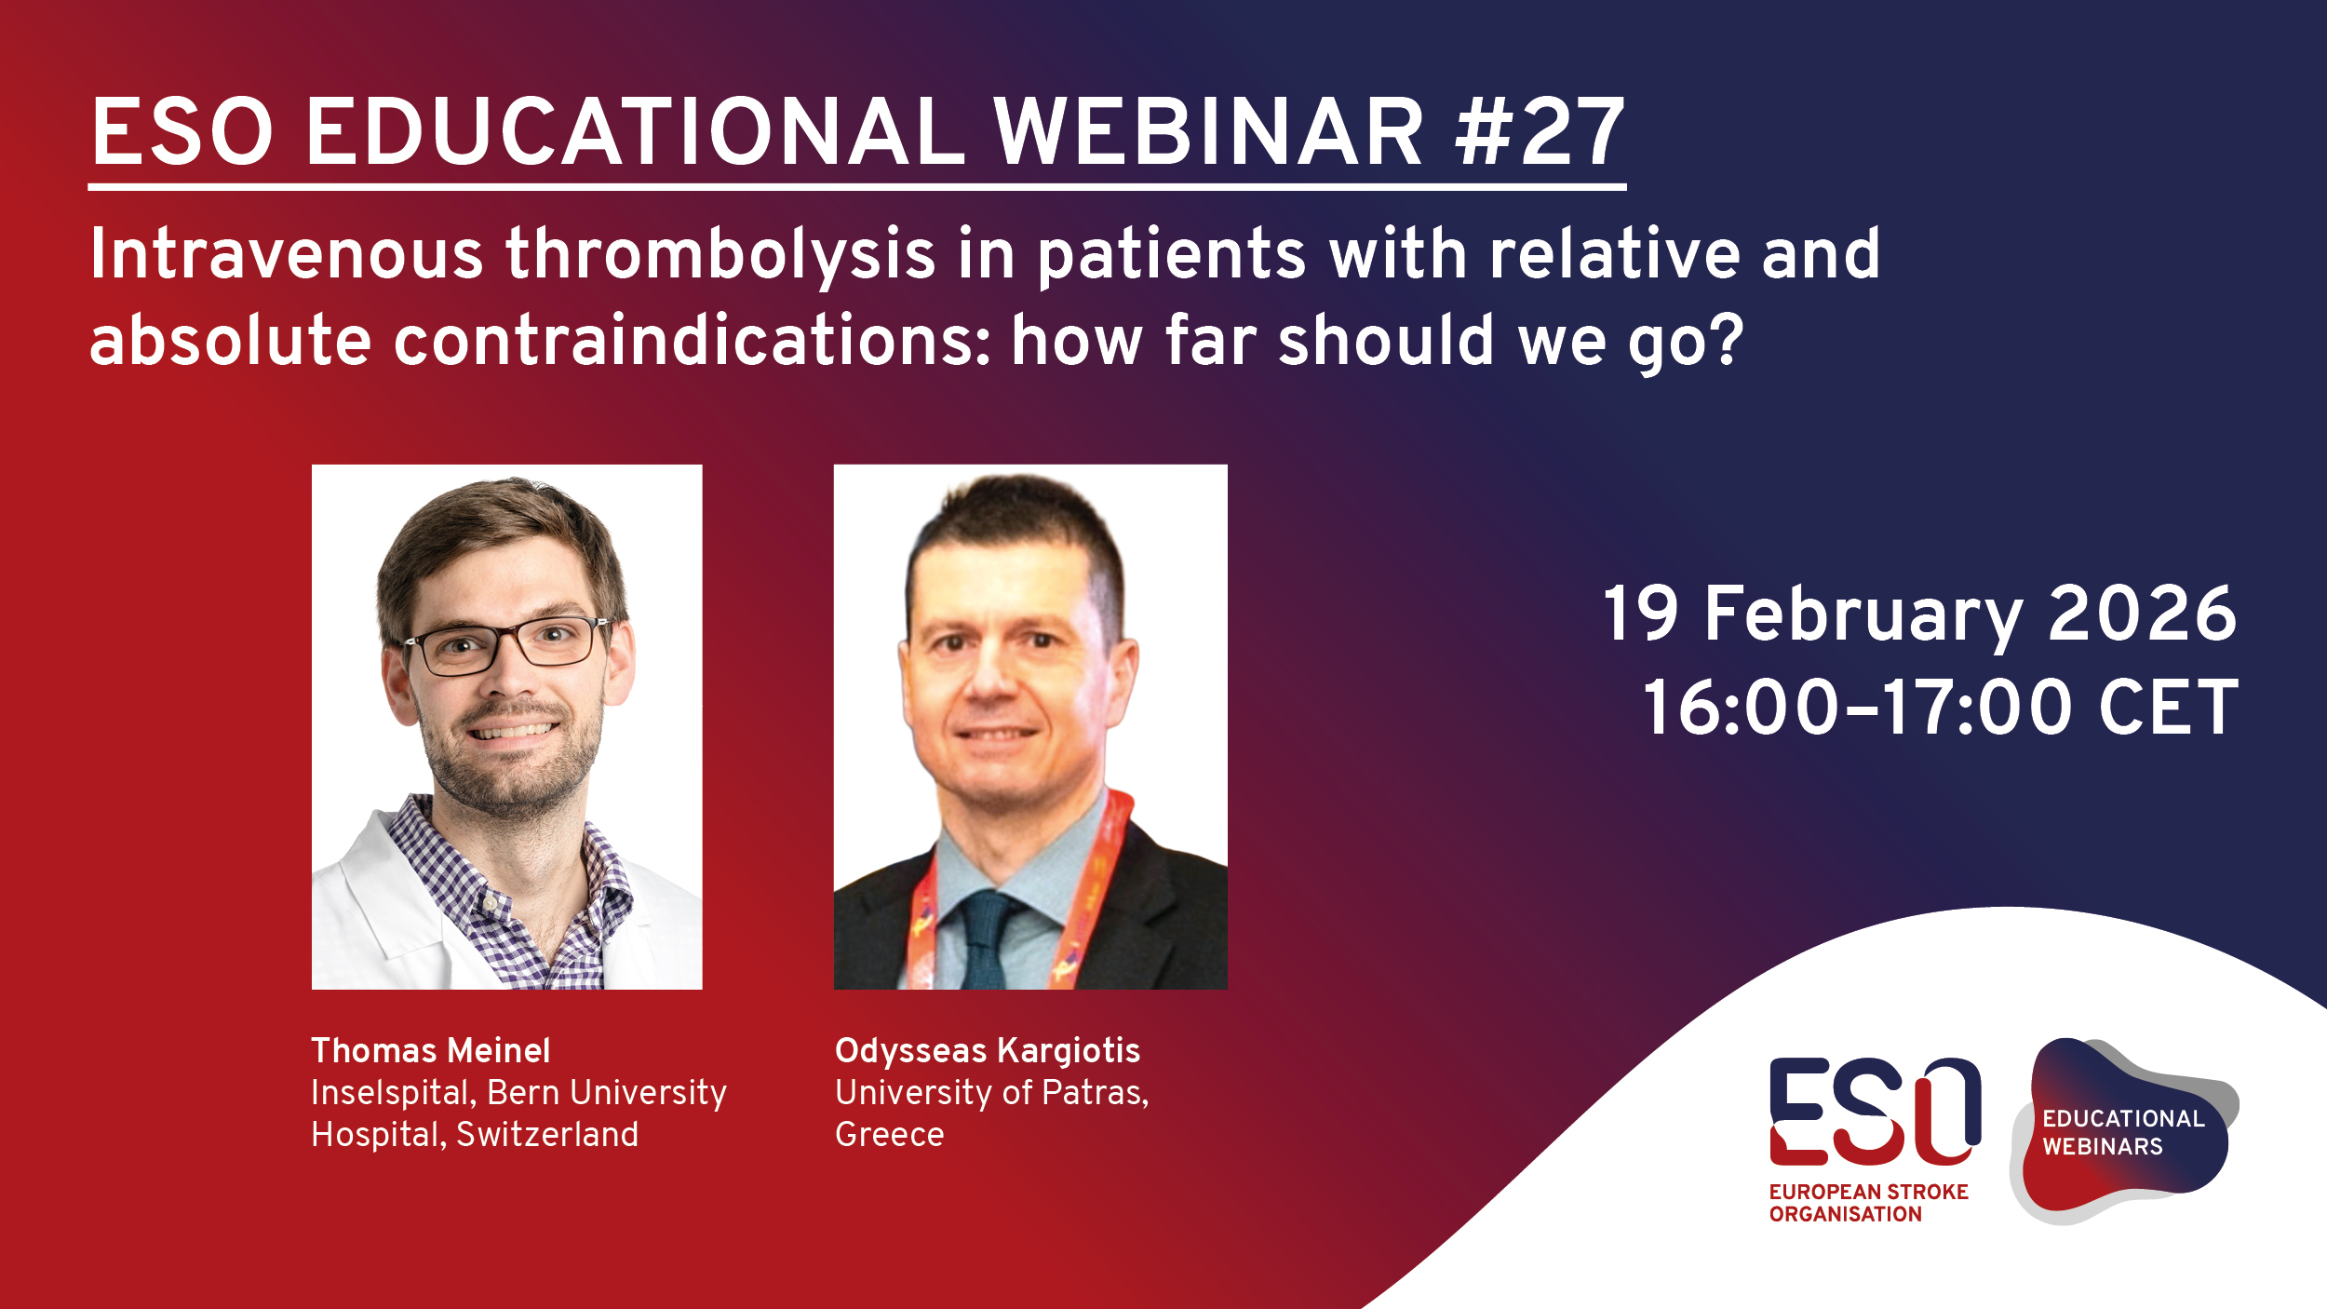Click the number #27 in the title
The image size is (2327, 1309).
point(1540,133)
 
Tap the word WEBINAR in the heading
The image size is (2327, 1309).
point(1208,133)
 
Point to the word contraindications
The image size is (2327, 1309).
point(690,341)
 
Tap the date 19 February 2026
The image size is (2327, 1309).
point(1919,614)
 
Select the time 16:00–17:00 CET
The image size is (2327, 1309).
point(1940,708)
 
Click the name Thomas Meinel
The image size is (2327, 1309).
point(430,1051)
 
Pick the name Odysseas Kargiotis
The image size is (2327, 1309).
point(987,1051)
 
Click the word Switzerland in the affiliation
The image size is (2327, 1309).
point(546,1135)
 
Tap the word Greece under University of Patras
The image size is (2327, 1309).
point(889,1135)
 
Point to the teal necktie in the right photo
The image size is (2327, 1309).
point(985,940)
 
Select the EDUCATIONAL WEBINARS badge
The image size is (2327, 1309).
point(2122,1132)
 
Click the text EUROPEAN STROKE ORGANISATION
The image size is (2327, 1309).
point(1867,1203)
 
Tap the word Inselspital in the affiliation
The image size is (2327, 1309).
point(391,1093)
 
